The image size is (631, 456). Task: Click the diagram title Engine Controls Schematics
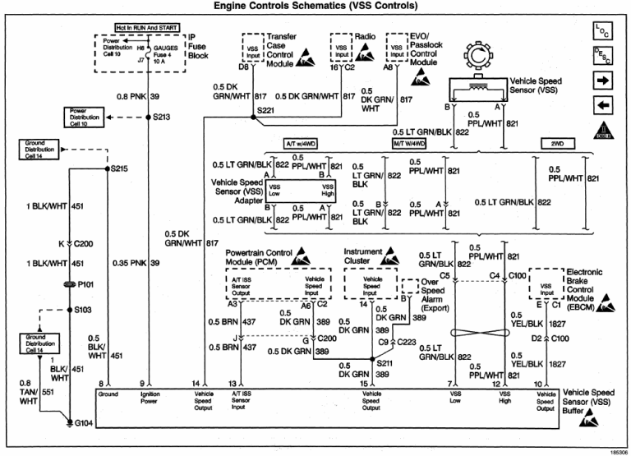[315, 7]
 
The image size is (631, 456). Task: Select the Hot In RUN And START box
[148, 28]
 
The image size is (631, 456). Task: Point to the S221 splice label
[266, 109]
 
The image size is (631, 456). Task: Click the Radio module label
[366, 37]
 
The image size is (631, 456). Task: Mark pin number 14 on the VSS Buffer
[195, 384]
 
